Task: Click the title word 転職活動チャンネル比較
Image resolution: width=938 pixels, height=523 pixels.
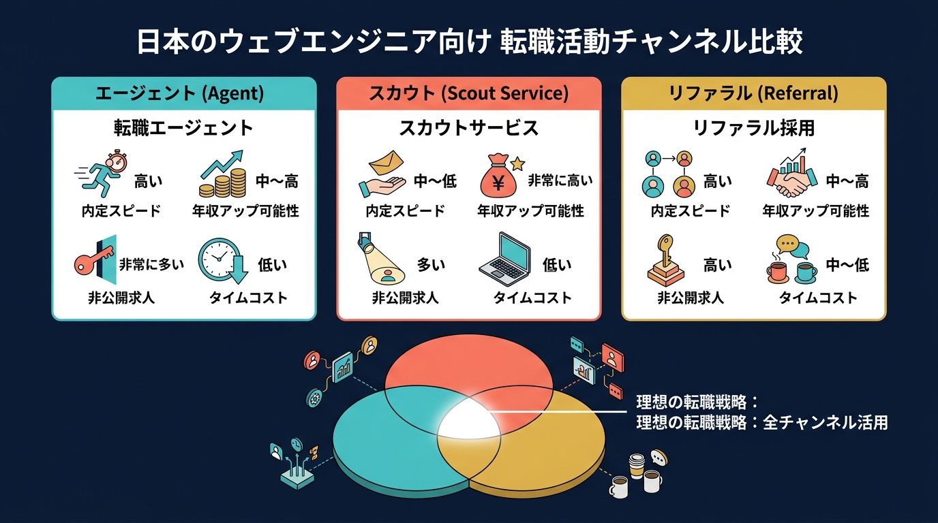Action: pyautogui.click(x=651, y=41)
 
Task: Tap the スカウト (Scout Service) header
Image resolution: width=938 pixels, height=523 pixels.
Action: pyautogui.click(x=468, y=93)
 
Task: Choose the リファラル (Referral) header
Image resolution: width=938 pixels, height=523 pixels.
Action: pyautogui.click(x=753, y=93)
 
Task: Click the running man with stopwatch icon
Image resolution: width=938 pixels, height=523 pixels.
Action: pyautogui.click(x=102, y=174)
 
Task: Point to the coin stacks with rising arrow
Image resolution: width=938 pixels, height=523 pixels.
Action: pyautogui.click(x=223, y=174)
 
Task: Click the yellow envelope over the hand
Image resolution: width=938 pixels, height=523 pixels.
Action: pyautogui.click(x=386, y=162)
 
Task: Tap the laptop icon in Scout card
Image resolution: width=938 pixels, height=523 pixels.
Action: pyautogui.click(x=505, y=259)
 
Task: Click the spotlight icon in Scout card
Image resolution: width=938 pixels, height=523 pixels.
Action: pyautogui.click(x=380, y=259)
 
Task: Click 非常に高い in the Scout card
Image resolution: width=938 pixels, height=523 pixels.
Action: pyautogui.click(x=560, y=180)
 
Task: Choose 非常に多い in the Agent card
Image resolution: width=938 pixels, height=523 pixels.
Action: pyautogui.click(x=151, y=264)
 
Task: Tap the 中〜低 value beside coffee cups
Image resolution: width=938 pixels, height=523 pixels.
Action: pyautogui.click(x=847, y=264)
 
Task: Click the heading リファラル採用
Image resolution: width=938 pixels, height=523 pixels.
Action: pyautogui.click(x=754, y=127)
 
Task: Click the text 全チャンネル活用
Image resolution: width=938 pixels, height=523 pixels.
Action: pyautogui.click(x=826, y=423)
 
